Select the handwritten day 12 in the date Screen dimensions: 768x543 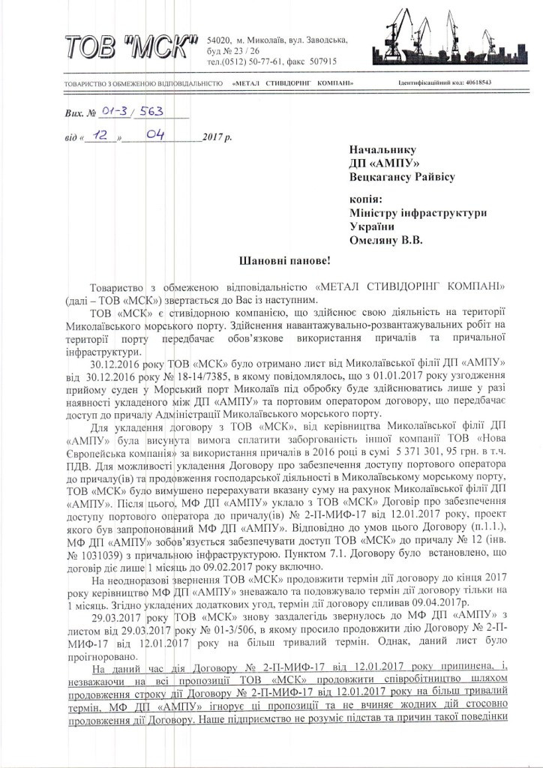96,136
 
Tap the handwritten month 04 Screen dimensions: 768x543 156,135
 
